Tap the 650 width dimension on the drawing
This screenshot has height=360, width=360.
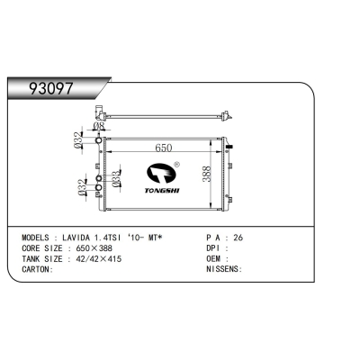[164, 148]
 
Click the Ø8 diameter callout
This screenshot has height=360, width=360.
[102, 128]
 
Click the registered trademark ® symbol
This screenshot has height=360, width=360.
[176, 165]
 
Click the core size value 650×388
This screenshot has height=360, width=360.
[94, 249]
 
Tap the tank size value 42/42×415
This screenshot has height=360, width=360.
[100, 258]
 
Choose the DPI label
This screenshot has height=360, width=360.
[213, 249]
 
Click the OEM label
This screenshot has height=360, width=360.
[213, 258]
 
